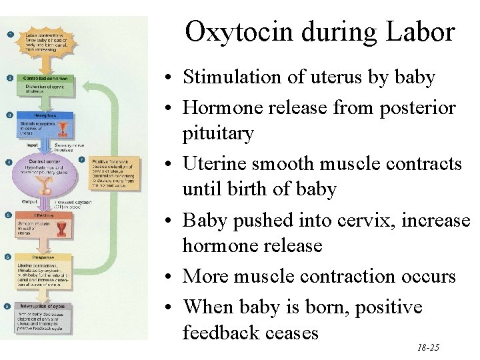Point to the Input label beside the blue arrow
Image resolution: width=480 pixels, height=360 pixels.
[x=31, y=143]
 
